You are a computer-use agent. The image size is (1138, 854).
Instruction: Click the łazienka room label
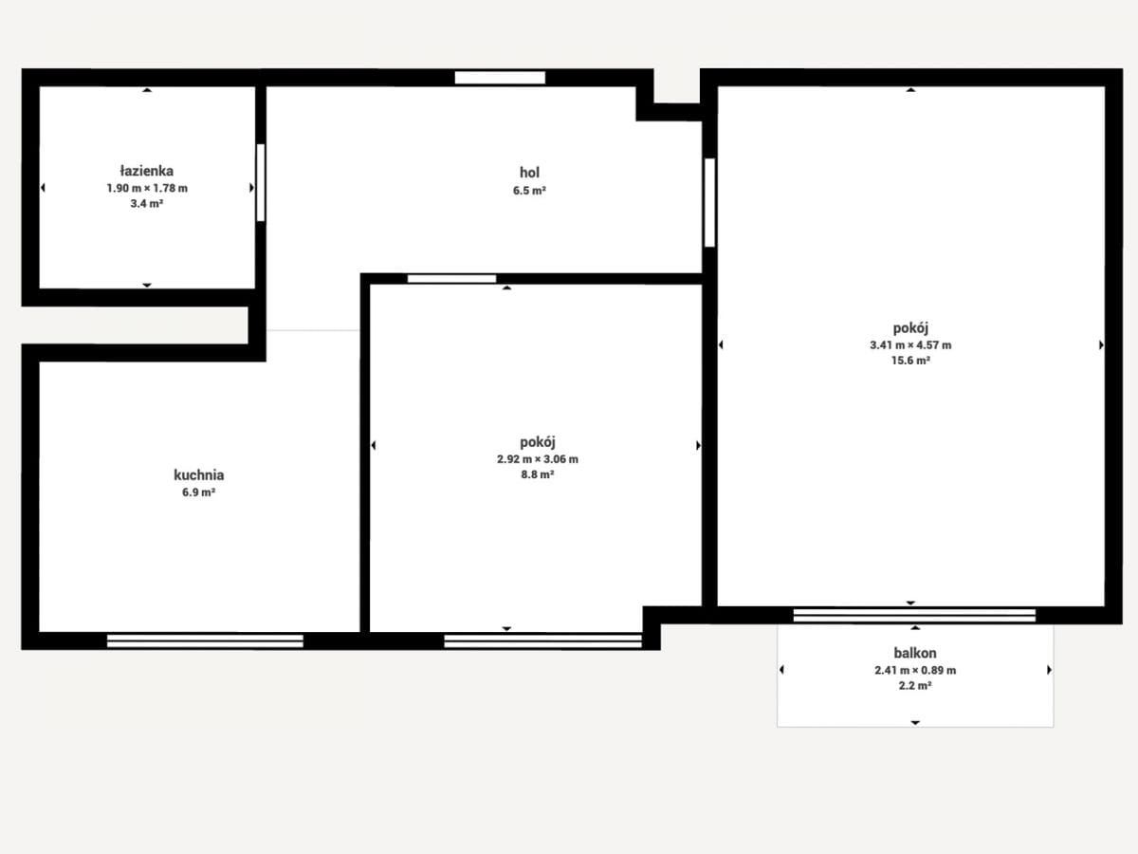point(147,171)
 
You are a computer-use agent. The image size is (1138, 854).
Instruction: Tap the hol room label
point(529,172)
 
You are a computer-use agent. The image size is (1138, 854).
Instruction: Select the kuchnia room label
point(198,475)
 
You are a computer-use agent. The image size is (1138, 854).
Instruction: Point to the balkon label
point(915,653)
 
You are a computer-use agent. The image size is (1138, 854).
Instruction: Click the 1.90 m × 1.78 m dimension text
point(147,188)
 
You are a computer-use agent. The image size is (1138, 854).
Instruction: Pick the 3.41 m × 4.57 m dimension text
point(910,345)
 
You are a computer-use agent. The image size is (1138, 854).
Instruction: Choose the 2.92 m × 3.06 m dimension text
point(537,459)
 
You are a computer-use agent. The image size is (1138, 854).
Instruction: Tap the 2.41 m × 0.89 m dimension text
point(915,671)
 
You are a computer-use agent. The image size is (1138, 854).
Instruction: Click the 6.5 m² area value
point(529,191)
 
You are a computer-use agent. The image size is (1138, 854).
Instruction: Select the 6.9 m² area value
point(198,492)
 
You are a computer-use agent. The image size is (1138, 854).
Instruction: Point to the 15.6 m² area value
point(910,361)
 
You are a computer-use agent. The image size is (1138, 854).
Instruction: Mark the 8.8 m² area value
point(537,475)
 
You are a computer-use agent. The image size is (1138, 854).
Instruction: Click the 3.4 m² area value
point(147,204)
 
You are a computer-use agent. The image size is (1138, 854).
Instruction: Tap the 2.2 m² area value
point(915,686)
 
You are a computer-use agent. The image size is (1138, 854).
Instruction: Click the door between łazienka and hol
point(261,182)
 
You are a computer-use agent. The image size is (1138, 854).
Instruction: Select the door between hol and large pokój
point(709,203)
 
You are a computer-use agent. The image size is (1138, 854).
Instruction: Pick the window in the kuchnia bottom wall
point(205,640)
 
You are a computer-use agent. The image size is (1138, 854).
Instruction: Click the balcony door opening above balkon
point(914,616)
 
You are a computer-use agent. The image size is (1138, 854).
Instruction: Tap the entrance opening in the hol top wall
point(501,78)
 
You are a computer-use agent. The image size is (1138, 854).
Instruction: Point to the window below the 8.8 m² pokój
point(542,641)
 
